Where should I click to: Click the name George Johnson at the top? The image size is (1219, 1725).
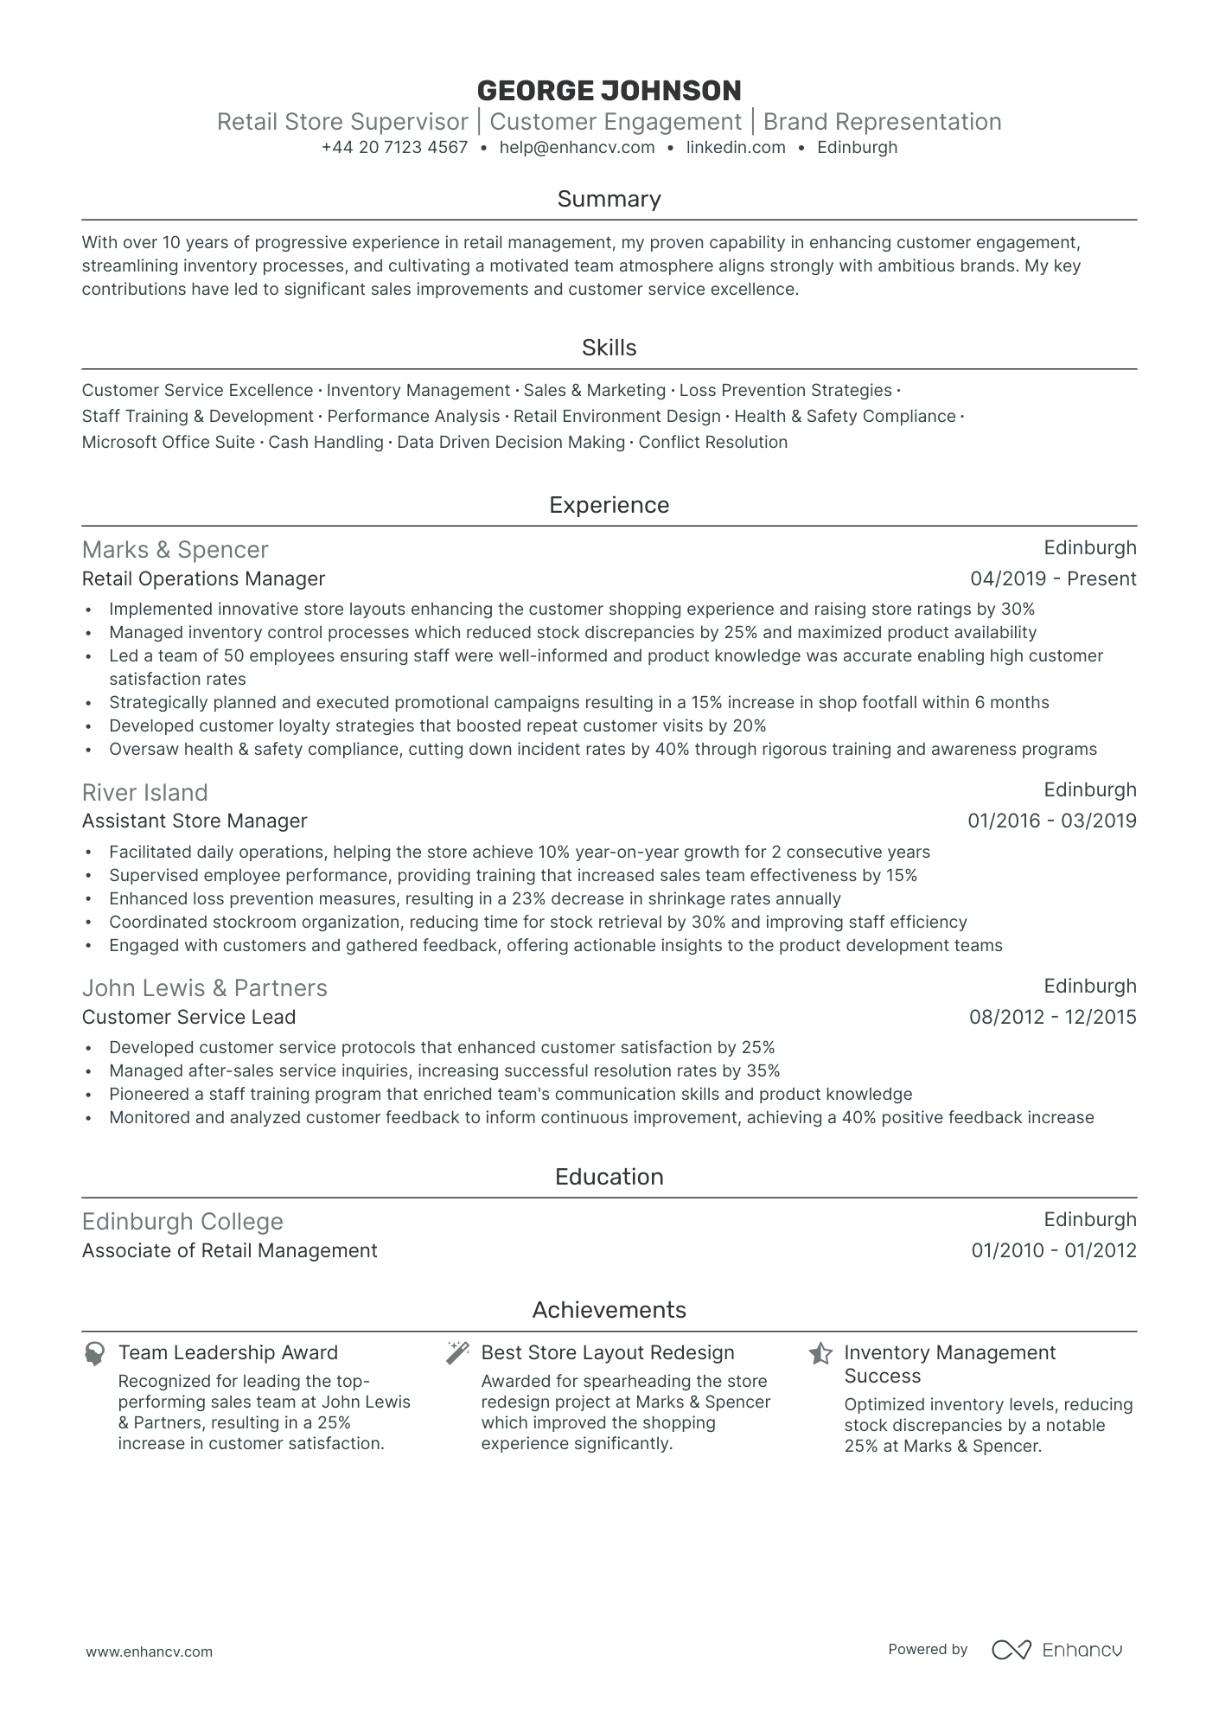coord(609,91)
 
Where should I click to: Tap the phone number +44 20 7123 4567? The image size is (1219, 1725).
coord(394,148)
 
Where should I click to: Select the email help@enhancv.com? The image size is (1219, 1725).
coord(577,148)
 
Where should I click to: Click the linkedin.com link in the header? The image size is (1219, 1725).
coord(736,148)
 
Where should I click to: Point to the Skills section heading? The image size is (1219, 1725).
coord(609,348)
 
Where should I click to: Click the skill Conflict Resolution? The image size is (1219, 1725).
coord(712,443)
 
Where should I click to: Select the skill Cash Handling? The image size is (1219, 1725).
coord(326,443)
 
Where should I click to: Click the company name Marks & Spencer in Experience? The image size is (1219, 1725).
coord(175,550)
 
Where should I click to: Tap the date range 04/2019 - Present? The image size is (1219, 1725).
coord(1053,579)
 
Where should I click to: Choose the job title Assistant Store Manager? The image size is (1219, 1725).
coord(195,821)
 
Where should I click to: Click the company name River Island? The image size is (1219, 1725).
coord(144,793)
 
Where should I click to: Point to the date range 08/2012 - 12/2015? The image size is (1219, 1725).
coord(1052,1018)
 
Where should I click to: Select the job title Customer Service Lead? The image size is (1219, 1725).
coord(188,1018)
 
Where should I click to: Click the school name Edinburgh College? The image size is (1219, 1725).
coord(182,1222)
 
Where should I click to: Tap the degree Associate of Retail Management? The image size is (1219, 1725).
coord(229,1251)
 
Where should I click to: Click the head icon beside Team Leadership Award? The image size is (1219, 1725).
coord(94,1353)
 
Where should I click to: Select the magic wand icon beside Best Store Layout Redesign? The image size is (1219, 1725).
coord(457,1353)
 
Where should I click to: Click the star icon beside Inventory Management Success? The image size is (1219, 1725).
coord(820,1353)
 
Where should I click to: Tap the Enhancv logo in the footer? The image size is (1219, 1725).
coord(1056,1650)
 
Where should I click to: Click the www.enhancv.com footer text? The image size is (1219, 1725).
coord(149,1652)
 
